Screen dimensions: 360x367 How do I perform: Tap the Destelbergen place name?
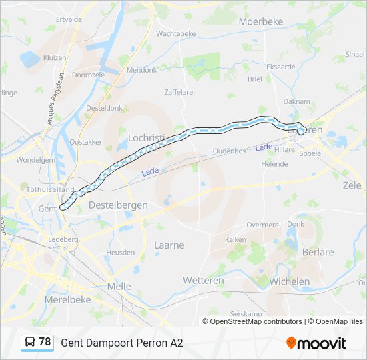[x=118, y=205]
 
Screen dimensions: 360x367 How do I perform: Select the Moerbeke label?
[x=261, y=22]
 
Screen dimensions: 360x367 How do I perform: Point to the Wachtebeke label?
[x=176, y=33]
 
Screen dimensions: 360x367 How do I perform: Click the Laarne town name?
[x=169, y=245]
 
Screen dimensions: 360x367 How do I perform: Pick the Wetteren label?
[x=204, y=281]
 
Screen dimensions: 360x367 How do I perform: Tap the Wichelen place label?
[x=289, y=282]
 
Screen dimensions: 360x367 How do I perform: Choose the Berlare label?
[x=318, y=253]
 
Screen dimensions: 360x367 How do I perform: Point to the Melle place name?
[x=119, y=286]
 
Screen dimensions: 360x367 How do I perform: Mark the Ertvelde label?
[x=69, y=19]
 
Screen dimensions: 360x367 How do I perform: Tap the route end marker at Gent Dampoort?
[x=63, y=207]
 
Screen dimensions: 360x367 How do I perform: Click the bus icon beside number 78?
[x=30, y=343]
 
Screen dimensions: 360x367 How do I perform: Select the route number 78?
[x=45, y=342]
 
